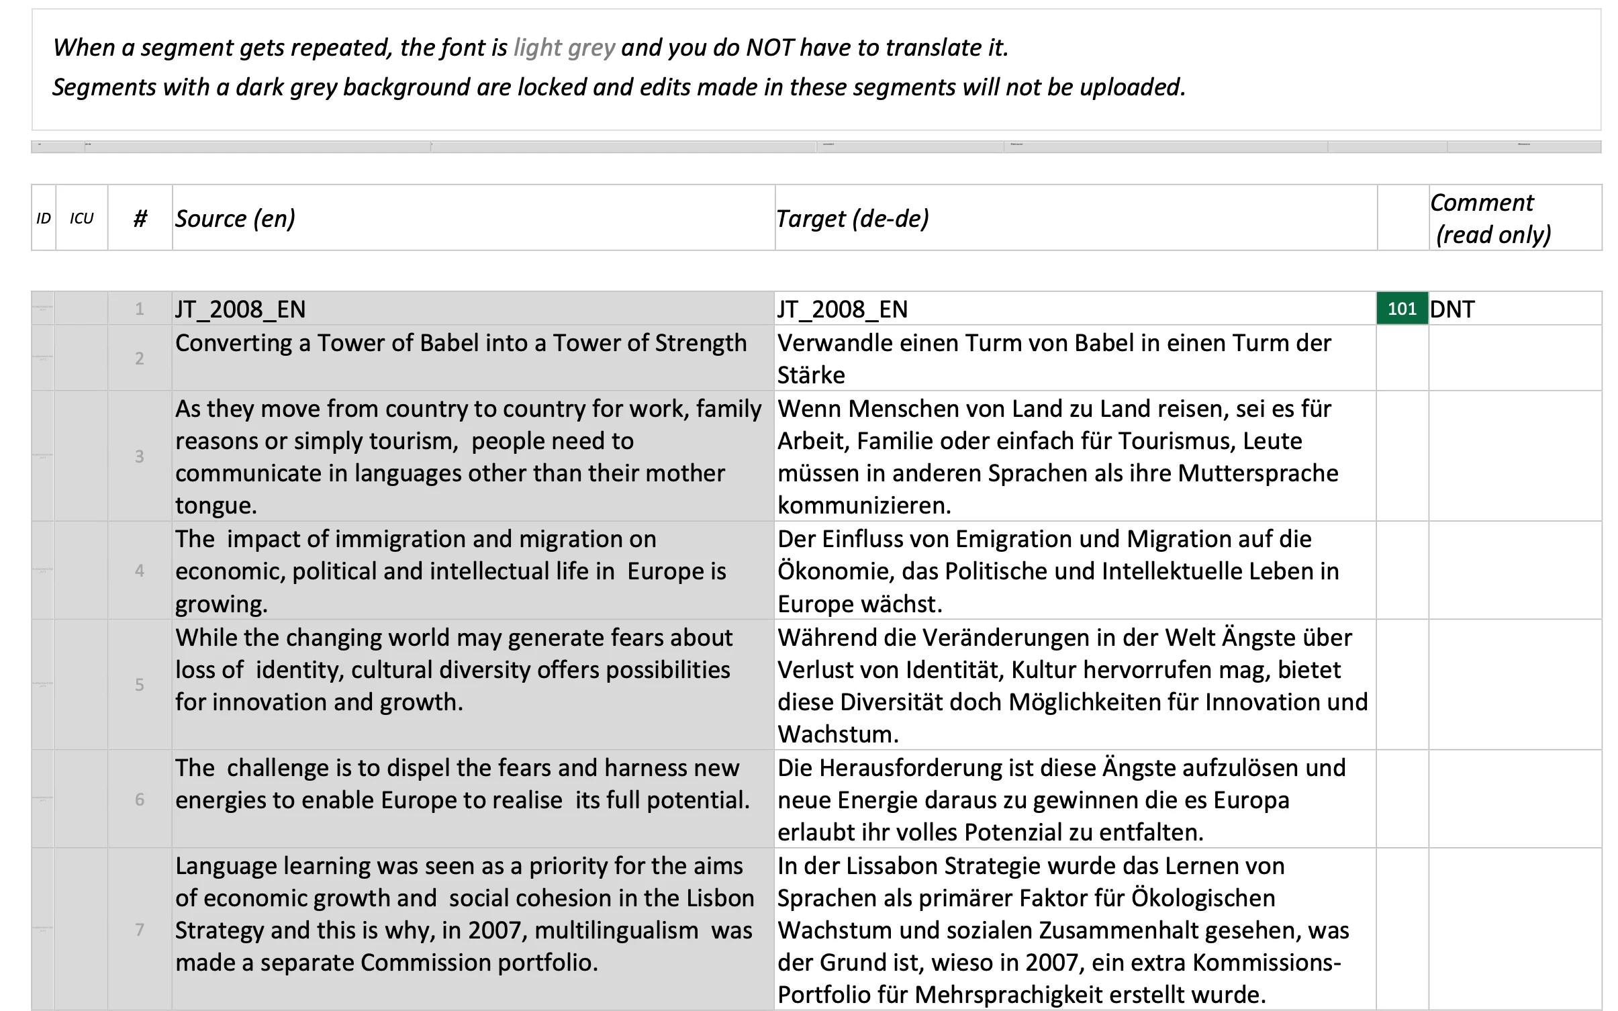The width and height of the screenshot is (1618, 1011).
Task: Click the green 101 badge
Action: (x=1402, y=309)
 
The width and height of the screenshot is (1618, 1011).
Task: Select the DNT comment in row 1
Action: (x=1452, y=309)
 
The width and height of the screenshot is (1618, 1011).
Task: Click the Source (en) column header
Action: (x=235, y=219)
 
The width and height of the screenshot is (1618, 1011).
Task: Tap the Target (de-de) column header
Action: (x=853, y=219)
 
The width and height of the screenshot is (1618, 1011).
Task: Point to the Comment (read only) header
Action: (x=1490, y=219)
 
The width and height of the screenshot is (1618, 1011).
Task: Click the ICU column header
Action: (x=81, y=219)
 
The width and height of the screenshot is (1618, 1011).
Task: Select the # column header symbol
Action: (x=140, y=219)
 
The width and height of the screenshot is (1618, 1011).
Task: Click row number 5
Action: (x=140, y=685)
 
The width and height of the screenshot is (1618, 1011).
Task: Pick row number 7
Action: (x=140, y=930)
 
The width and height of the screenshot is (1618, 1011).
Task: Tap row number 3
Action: (x=140, y=456)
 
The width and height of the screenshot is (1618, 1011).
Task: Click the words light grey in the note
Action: (x=564, y=48)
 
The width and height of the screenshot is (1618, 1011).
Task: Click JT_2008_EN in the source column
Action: (x=240, y=309)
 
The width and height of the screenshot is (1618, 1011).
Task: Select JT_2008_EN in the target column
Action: (x=843, y=309)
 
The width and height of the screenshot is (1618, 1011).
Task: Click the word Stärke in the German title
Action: (x=811, y=375)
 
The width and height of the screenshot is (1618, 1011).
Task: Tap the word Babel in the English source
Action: (x=450, y=343)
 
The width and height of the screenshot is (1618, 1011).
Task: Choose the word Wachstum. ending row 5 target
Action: (x=838, y=734)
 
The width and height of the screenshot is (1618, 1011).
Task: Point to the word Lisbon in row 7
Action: (x=720, y=898)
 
